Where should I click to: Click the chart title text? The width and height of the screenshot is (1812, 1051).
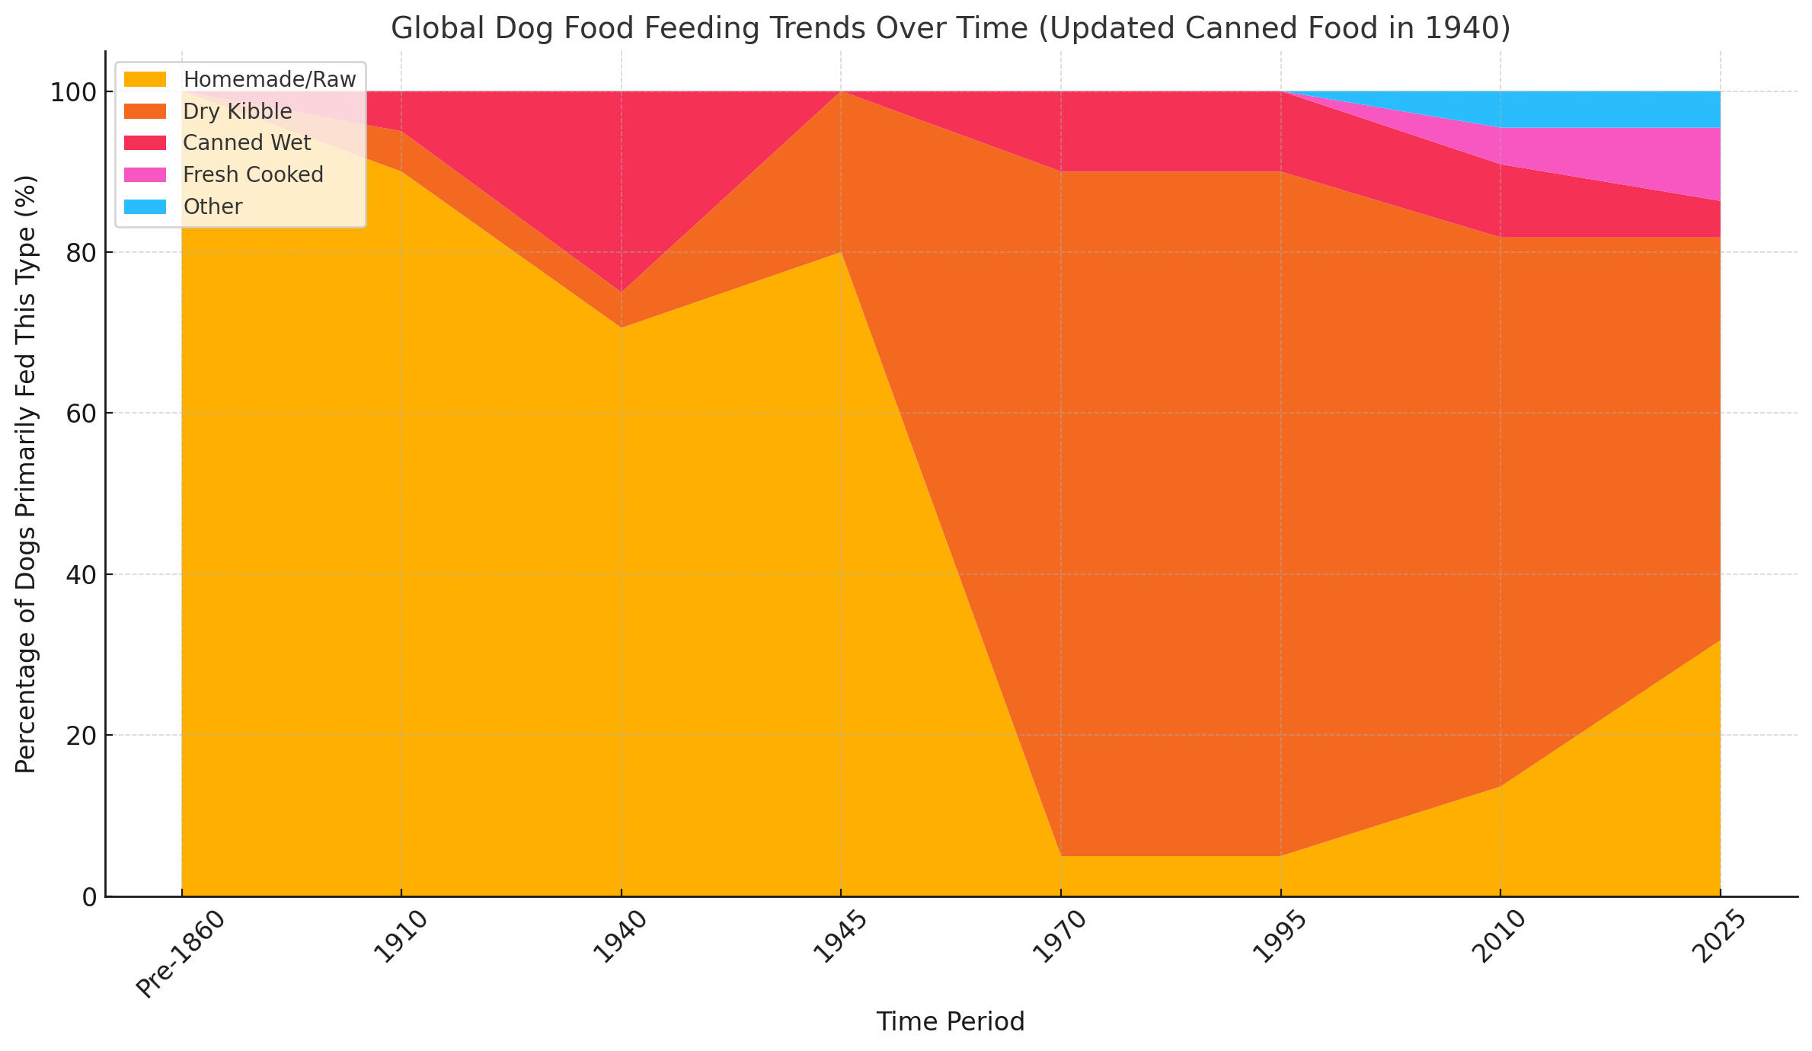click(950, 28)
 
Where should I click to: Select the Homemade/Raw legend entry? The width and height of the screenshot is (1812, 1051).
click(269, 79)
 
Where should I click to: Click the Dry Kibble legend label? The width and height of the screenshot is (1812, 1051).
click(237, 111)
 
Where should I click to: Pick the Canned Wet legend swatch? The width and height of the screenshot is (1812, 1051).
click(145, 143)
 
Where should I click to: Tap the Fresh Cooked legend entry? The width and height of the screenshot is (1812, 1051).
click(253, 175)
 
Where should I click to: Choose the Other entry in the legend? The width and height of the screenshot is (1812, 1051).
click(213, 207)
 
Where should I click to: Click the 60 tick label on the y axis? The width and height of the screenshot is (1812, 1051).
click(81, 414)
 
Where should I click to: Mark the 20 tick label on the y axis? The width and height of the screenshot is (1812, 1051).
click(81, 736)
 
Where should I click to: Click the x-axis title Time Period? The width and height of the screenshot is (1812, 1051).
click(950, 1021)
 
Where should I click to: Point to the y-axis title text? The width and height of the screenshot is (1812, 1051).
click(26, 474)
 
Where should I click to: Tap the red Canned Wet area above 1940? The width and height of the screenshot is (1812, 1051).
click(621, 190)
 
